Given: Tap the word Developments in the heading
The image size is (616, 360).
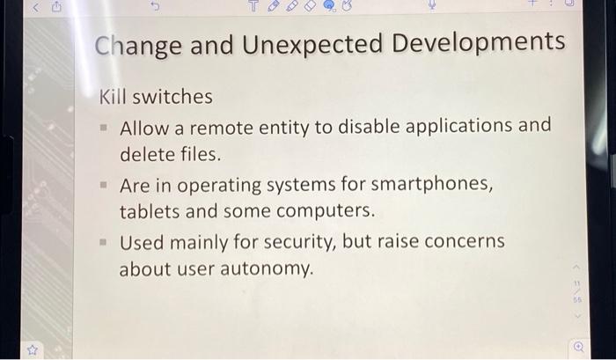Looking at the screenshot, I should (479, 44).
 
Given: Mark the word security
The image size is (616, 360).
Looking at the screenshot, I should (304, 242).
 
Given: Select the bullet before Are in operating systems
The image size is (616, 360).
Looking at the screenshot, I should (103, 187).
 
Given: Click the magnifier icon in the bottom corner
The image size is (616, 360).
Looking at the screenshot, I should (578, 347).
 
